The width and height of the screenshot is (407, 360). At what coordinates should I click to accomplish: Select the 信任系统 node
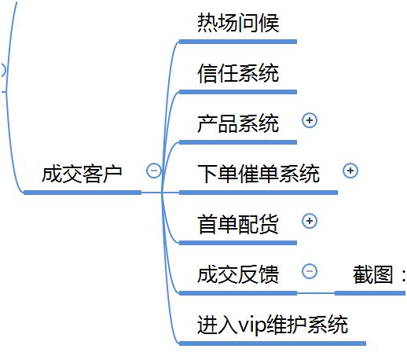(237, 74)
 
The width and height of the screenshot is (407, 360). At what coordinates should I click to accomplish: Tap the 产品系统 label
(237, 123)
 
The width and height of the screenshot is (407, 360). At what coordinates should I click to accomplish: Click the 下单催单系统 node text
(258, 173)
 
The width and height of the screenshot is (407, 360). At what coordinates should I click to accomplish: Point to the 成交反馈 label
(237, 274)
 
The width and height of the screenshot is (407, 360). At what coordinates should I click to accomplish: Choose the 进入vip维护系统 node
(273, 324)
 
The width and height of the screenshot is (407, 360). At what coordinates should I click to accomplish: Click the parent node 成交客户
(82, 173)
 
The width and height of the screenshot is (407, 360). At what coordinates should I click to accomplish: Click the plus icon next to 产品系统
(310, 120)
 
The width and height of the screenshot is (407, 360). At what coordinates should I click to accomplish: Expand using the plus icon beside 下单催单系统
(350, 171)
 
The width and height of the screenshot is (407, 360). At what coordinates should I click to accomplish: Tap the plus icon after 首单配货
(310, 221)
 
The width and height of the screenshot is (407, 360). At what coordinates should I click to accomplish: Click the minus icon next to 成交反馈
(310, 271)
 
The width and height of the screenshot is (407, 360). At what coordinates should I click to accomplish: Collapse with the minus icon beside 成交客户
(154, 171)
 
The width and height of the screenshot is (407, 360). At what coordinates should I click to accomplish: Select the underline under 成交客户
(82, 192)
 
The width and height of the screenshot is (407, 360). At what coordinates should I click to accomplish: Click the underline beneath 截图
(370, 293)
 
